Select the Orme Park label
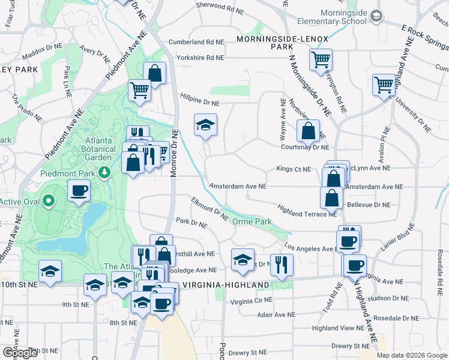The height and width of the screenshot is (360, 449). click(x=252, y=222)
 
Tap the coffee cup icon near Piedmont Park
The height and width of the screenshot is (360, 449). click(x=79, y=191)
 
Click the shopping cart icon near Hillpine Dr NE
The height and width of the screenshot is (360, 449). click(x=139, y=91)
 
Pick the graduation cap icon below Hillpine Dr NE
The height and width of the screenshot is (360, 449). click(x=205, y=125)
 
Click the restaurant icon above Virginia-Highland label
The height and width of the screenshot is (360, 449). click(x=281, y=263)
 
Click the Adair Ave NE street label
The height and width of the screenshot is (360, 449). click(x=276, y=314)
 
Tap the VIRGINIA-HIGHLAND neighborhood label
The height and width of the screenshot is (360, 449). click(x=226, y=284)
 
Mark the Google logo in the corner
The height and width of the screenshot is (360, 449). click(x=20, y=353)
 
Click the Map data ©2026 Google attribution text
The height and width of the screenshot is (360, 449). click(x=412, y=355)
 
